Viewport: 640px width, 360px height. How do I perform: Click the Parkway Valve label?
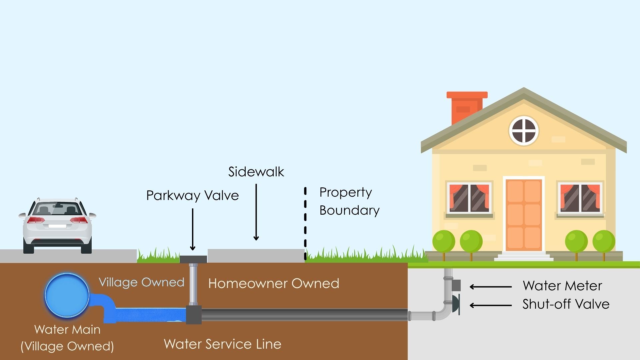coord(192,195)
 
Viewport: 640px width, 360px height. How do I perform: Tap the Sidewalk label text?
coord(256,172)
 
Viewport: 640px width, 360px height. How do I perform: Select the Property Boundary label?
coord(349,201)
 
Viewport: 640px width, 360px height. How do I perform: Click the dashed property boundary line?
coord(305,223)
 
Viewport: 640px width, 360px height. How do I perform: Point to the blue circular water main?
coord(67,295)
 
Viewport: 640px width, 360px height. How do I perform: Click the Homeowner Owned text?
coord(273,283)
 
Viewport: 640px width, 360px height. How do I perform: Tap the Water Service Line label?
coord(222,344)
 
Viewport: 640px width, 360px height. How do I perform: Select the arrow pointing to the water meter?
coord(490,287)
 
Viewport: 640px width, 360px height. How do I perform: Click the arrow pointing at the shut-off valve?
coord(490,305)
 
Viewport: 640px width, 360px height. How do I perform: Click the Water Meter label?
coord(562,286)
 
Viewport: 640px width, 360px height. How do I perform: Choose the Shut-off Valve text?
coord(566,304)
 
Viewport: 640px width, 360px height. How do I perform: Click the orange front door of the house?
coord(523,215)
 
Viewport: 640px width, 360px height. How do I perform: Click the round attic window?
coord(524,131)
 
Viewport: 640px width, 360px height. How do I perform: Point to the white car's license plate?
coord(57,226)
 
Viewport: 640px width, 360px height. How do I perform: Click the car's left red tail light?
coord(36,220)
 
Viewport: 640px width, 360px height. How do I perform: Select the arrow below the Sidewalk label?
coord(256,212)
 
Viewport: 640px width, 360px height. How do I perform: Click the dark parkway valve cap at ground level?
coord(193,259)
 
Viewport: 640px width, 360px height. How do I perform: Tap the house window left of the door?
coord(469,198)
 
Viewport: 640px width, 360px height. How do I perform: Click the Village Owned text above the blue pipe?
coord(141,282)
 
